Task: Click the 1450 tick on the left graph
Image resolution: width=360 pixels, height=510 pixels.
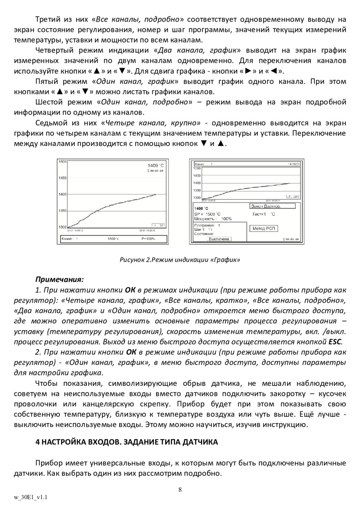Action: (62, 178)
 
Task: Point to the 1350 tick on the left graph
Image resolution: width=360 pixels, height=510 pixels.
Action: (62, 211)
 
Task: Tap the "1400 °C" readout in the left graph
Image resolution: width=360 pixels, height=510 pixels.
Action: (156, 166)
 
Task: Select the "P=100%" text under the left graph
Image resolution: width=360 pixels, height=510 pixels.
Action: (148, 239)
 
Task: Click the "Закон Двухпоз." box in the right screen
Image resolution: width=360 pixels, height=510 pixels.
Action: (272, 206)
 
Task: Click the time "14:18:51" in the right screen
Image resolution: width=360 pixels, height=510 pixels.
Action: (294, 164)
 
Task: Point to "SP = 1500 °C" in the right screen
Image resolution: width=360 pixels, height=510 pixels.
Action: (207, 214)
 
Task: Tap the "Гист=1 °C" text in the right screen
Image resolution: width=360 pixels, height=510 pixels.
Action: (264, 214)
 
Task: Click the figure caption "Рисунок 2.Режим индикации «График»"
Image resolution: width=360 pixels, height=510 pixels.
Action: (180, 260)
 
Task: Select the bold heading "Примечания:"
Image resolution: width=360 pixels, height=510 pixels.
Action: (60, 279)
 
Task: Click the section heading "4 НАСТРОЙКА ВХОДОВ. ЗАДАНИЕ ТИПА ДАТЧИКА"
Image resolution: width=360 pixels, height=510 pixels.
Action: (127, 442)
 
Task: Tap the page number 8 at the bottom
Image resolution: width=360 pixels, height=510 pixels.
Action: (180, 489)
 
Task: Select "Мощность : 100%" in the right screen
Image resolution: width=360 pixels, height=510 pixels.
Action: (213, 219)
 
